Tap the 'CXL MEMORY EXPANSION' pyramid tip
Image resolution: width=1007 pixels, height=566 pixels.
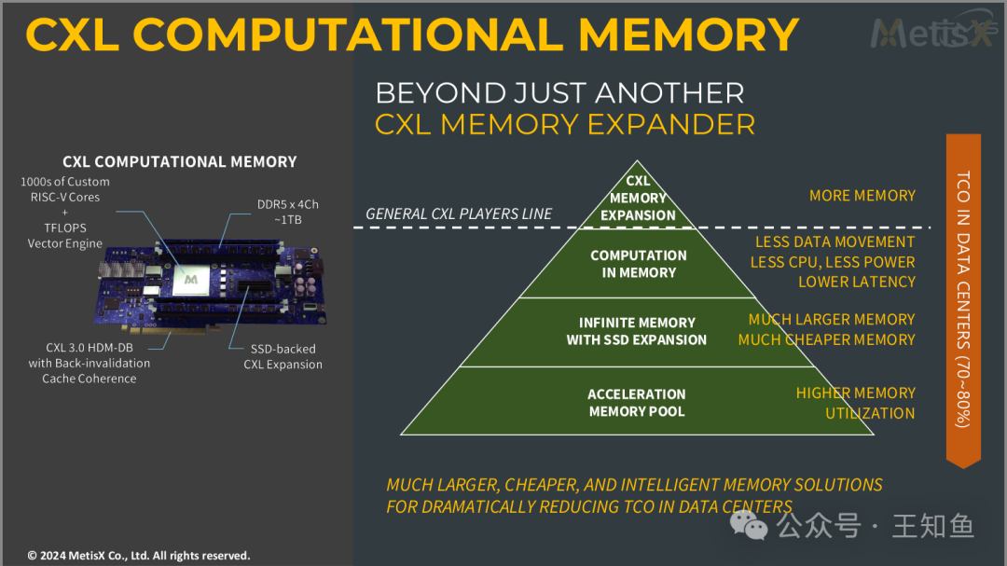pos(638,198)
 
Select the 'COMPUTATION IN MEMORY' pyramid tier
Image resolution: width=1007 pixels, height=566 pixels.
pos(638,264)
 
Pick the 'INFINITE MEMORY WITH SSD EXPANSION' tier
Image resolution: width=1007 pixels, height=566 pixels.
pos(637,331)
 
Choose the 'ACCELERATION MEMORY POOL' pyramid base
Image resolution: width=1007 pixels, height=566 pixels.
pos(637,402)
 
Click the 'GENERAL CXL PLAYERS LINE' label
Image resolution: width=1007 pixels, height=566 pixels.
pos(459,214)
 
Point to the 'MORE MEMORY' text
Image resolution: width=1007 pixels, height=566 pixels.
pos(862,196)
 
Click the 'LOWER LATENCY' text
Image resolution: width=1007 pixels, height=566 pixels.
pos(856,282)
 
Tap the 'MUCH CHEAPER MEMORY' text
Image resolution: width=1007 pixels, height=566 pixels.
pos(826,339)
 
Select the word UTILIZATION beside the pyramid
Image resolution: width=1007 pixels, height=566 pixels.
pos(869,413)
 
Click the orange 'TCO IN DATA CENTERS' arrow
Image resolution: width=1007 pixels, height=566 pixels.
pos(963,298)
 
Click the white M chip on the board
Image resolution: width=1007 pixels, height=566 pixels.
pos(191,278)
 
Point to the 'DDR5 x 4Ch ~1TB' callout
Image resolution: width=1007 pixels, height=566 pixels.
pos(280,212)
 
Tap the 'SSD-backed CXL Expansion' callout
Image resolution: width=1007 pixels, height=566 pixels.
pos(283,356)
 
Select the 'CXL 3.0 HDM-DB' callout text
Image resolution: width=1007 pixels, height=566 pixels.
pos(89,348)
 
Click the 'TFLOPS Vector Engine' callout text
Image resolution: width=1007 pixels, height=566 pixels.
pos(65,236)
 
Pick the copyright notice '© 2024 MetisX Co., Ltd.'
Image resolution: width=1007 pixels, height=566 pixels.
pos(138,556)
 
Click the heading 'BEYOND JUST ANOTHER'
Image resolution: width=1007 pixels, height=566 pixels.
pos(559,93)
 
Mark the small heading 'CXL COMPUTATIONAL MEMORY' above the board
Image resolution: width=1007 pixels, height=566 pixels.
pos(179,161)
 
